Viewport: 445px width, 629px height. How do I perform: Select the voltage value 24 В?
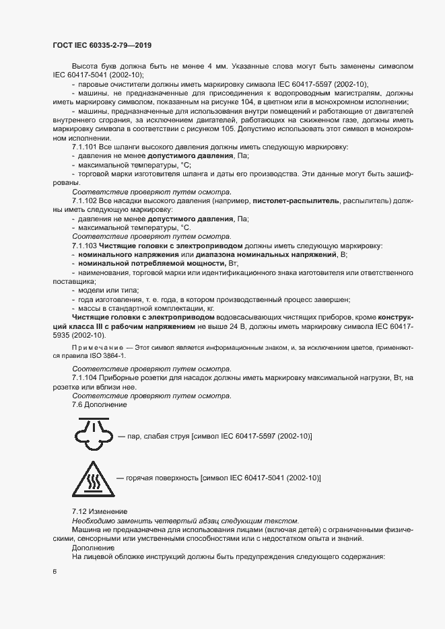244,326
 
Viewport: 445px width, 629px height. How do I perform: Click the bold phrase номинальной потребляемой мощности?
128,264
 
